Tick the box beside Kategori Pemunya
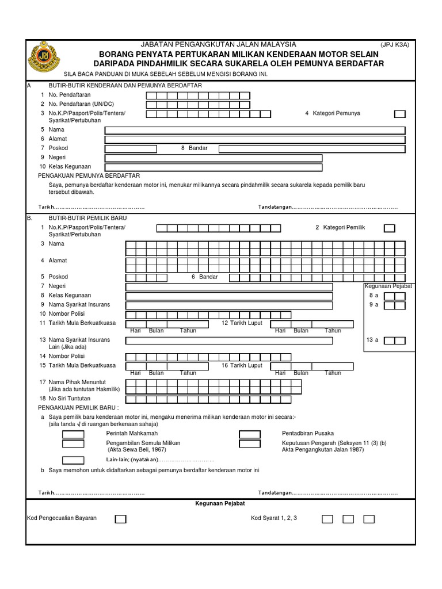[399, 114]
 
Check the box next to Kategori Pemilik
[390, 228]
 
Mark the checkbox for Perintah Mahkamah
[73, 434]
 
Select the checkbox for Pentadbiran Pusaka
[249, 434]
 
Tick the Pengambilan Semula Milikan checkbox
[73, 444]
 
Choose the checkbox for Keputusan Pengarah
[249, 444]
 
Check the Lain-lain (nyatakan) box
[73, 460]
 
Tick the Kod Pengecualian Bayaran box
[120, 519]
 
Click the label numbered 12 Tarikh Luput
[242, 323]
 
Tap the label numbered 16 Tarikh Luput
[242, 366]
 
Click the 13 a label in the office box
[372, 341]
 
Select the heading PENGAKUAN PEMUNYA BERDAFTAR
[89, 175]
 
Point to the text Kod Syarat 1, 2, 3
[274, 518]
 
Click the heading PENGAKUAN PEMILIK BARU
[82, 407]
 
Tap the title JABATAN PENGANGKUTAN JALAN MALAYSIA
[219, 44]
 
